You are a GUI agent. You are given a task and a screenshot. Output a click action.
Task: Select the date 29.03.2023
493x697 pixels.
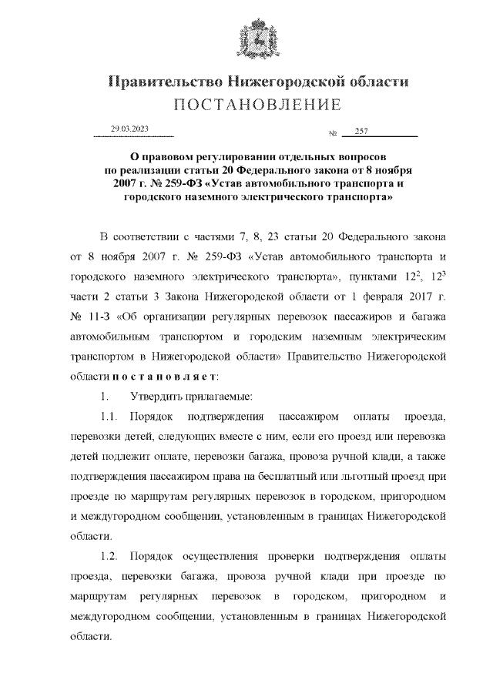129,129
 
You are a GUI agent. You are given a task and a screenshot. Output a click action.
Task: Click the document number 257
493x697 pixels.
362,131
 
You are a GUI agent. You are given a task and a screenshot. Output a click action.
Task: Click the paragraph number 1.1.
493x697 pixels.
110,416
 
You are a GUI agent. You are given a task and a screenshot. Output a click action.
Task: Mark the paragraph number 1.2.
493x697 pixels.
110,556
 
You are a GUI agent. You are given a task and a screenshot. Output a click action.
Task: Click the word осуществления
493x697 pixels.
232,556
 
